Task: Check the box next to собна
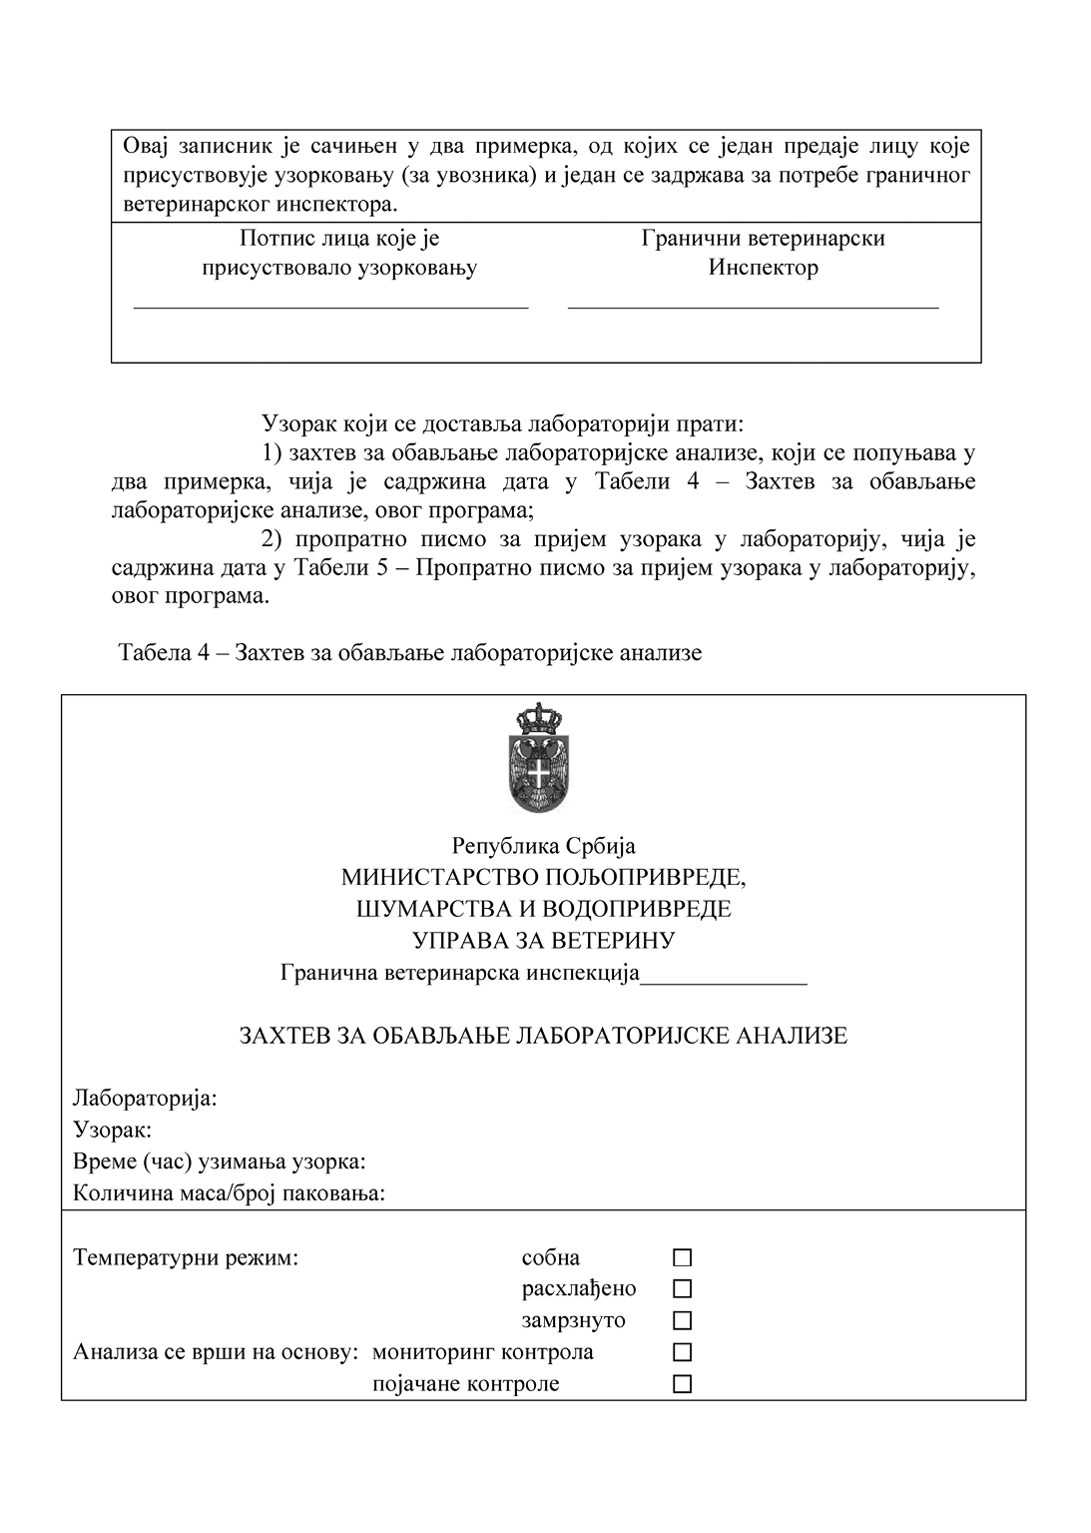pyautogui.click(x=683, y=1257)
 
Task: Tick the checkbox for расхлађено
pyautogui.click(x=683, y=1289)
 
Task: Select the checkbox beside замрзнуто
pyautogui.click(x=683, y=1320)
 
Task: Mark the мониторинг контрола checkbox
pyautogui.click(x=683, y=1352)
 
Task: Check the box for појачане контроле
pyautogui.click(x=683, y=1384)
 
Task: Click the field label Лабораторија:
pyautogui.click(x=145, y=1099)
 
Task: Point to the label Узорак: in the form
pyautogui.click(x=112, y=1131)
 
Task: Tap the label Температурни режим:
pyautogui.click(x=186, y=1257)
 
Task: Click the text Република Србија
pyautogui.click(x=544, y=846)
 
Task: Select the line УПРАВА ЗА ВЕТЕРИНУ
pyautogui.click(x=544, y=941)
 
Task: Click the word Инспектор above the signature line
pyautogui.click(x=764, y=268)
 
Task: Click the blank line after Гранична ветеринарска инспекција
pyautogui.click(x=723, y=983)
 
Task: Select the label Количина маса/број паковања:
pyautogui.click(x=229, y=1193)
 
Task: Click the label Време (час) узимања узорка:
pyautogui.click(x=219, y=1161)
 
